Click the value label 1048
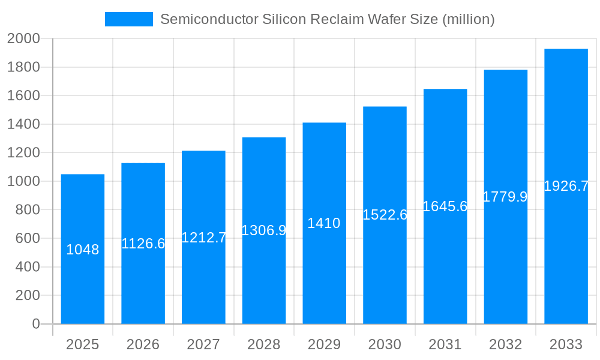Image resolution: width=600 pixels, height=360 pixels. pyautogui.click(x=83, y=250)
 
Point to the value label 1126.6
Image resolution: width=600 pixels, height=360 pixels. pyautogui.click(x=143, y=244)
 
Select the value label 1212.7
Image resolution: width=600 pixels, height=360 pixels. pyautogui.click(x=204, y=238)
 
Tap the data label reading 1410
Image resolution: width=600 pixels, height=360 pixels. pyautogui.click(x=324, y=224)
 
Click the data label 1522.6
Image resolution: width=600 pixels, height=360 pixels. pyautogui.click(x=385, y=215)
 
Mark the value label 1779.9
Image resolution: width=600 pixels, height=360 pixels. pyautogui.click(x=505, y=197)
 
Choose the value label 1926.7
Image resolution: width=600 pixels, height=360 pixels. pyautogui.click(x=566, y=187)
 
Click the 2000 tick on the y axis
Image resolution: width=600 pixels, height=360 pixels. pyautogui.click(x=23, y=39)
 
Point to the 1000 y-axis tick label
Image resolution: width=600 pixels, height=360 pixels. pyautogui.click(x=23, y=181)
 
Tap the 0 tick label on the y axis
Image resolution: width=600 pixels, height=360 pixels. pyautogui.click(x=35, y=324)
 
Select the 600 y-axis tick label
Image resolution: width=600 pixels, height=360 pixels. pyautogui.click(x=27, y=238)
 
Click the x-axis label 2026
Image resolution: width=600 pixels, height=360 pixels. pyautogui.click(x=143, y=344)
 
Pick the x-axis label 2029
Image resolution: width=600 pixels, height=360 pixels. pyautogui.click(x=324, y=344)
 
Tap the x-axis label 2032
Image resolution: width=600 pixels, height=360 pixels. pyautogui.click(x=505, y=344)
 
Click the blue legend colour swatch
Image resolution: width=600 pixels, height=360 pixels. pyautogui.click(x=129, y=19)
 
